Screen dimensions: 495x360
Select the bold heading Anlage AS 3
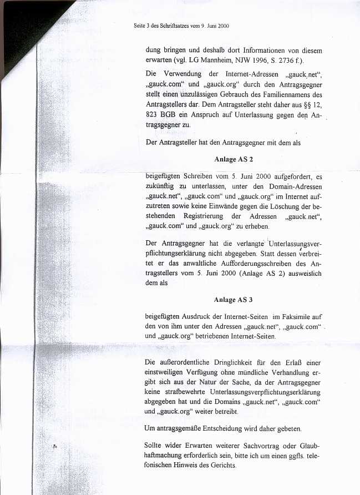(x=234, y=300)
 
